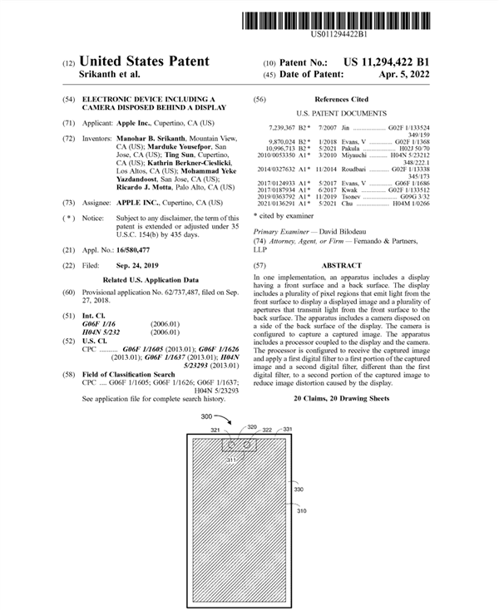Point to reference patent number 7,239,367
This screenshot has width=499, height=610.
pyautogui.click(x=288, y=126)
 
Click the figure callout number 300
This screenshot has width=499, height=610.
pyautogui.click(x=206, y=415)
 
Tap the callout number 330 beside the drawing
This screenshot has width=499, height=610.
pyautogui.click(x=300, y=489)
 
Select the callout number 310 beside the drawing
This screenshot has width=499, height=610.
pyautogui.click(x=300, y=512)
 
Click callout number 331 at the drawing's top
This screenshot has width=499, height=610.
pyautogui.click(x=288, y=429)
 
